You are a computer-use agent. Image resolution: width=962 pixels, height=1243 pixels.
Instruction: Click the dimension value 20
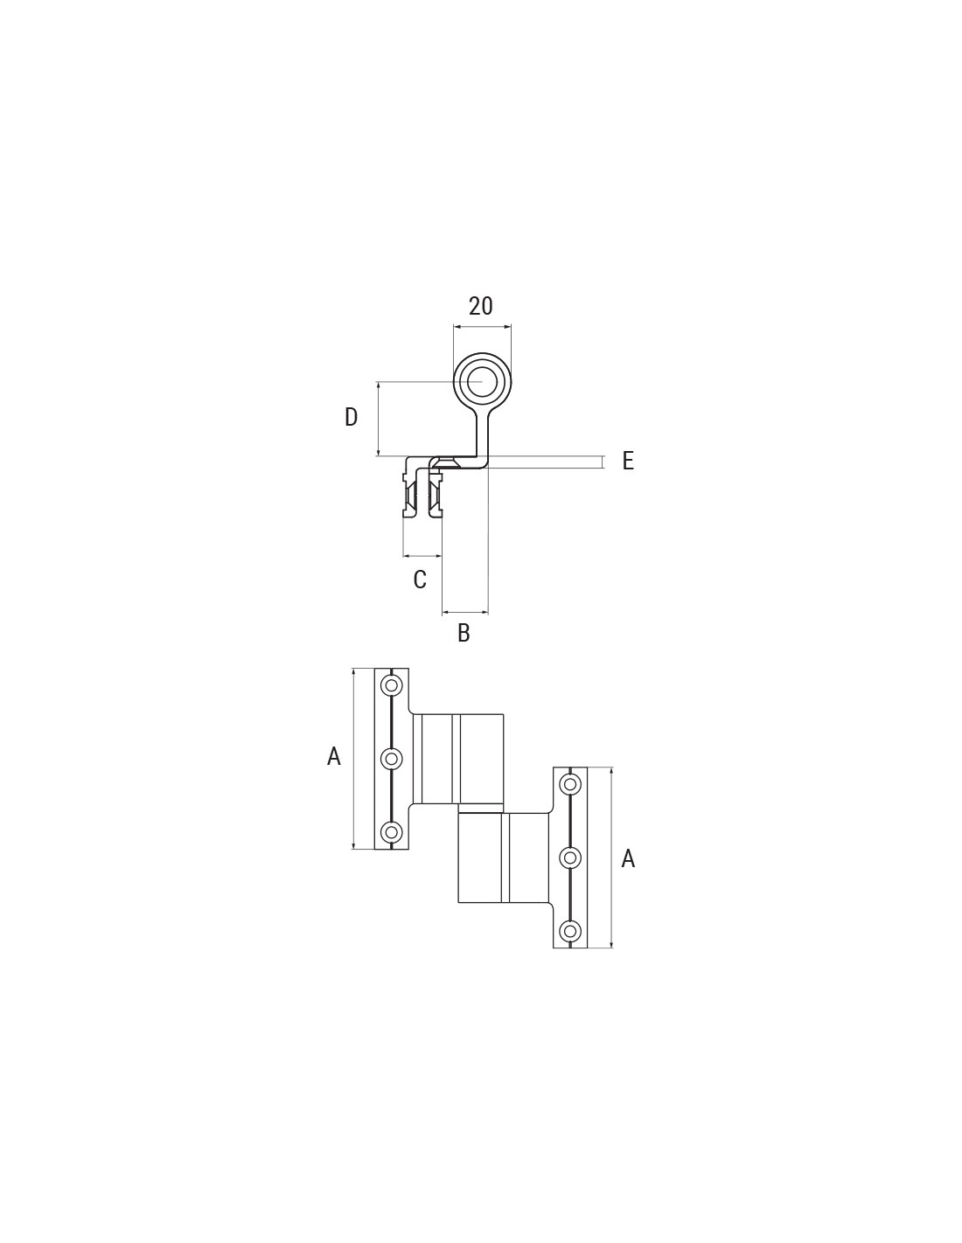(x=480, y=307)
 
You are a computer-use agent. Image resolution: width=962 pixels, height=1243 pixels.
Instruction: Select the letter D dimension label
(x=351, y=418)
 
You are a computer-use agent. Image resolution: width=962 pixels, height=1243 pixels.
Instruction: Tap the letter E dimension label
(x=628, y=461)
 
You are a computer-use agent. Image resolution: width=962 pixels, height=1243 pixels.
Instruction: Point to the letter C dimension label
(x=420, y=580)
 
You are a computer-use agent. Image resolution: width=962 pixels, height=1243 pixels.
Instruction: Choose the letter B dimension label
(x=464, y=633)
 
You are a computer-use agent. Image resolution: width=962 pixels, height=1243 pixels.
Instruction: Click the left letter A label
(x=333, y=756)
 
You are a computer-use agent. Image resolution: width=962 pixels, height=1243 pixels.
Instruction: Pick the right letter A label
(x=628, y=874)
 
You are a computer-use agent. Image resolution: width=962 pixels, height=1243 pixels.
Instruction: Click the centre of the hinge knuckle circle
(x=482, y=381)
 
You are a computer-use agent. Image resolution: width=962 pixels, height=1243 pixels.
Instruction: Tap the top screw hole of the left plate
(x=392, y=684)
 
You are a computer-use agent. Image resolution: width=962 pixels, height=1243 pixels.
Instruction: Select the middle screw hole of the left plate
(x=392, y=759)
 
